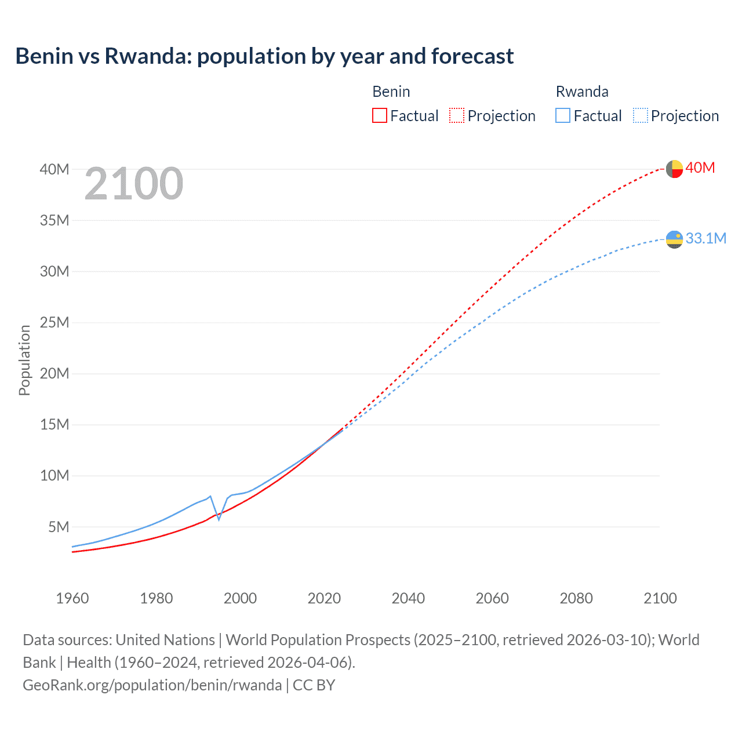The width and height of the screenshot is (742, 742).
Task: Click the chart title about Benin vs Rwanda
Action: pyautogui.click(x=264, y=56)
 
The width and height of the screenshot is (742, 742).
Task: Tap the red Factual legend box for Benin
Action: pyautogui.click(x=379, y=115)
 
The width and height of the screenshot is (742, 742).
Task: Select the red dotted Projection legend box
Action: pyautogui.click(x=457, y=115)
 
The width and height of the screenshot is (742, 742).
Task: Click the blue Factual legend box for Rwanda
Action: pyautogui.click(x=562, y=115)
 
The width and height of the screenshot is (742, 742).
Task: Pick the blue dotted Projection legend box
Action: pyautogui.click(x=641, y=115)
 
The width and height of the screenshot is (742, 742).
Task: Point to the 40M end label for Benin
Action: pyautogui.click(x=700, y=168)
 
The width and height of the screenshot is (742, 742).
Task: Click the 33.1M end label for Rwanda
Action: pyautogui.click(x=705, y=238)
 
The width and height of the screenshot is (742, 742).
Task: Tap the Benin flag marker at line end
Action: pyautogui.click(x=674, y=169)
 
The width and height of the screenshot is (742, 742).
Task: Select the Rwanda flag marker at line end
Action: pyautogui.click(x=674, y=239)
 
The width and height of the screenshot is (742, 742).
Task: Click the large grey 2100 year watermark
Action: pyautogui.click(x=134, y=184)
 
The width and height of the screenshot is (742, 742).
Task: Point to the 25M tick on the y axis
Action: pyautogui.click(x=54, y=322)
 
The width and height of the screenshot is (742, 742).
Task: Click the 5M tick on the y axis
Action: pyautogui.click(x=59, y=527)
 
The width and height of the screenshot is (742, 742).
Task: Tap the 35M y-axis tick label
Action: pyautogui.click(x=54, y=220)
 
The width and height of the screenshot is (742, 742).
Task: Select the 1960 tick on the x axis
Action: pyautogui.click(x=72, y=598)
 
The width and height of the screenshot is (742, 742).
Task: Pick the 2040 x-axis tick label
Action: pyautogui.click(x=408, y=598)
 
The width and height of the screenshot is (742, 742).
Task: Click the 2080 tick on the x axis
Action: pyautogui.click(x=576, y=598)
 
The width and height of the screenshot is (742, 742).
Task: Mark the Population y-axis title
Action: pyautogui.click(x=24, y=360)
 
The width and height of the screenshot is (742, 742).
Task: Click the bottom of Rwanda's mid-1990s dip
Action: pyautogui.click(x=219, y=519)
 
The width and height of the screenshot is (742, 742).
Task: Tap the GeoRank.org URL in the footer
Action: pyautogui.click(x=152, y=685)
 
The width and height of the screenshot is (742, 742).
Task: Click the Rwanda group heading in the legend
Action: pyautogui.click(x=582, y=92)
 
